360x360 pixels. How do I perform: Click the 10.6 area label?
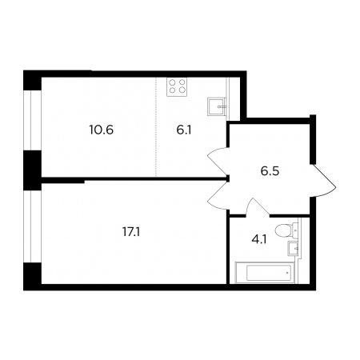pyautogui.click(x=102, y=130)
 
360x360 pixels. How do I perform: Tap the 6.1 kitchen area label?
pyautogui.click(x=184, y=130)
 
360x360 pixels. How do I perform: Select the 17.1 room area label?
pyautogui.click(x=131, y=232)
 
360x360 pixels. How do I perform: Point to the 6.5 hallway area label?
pyautogui.click(x=270, y=171)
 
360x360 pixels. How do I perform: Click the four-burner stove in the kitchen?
pyautogui.click(x=177, y=86)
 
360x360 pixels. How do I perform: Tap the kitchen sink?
pyautogui.click(x=217, y=106)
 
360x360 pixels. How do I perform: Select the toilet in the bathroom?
pyautogui.click(x=286, y=230)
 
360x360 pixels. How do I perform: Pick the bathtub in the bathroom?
pyautogui.click(x=265, y=273)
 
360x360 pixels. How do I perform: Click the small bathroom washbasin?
pyautogui.click(x=294, y=248)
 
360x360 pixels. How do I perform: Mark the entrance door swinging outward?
pyautogui.click(x=323, y=180)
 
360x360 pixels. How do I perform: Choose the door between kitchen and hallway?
pyautogui.click(x=218, y=160)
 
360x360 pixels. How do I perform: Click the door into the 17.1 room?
pyautogui.click(x=218, y=197)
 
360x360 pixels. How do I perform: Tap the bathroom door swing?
pyautogui.click(x=257, y=206)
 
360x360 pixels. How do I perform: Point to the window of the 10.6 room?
pyautogui.click(x=32, y=120)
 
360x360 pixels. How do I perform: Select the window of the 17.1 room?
pyautogui.click(x=32, y=226)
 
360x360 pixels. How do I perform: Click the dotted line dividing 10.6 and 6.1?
pyautogui.click(x=156, y=126)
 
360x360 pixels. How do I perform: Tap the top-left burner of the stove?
pyautogui.click(x=172, y=82)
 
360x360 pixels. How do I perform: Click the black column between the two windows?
pyautogui.click(x=32, y=170)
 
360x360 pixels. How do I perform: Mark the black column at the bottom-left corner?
pyautogui.click(x=32, y=277)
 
